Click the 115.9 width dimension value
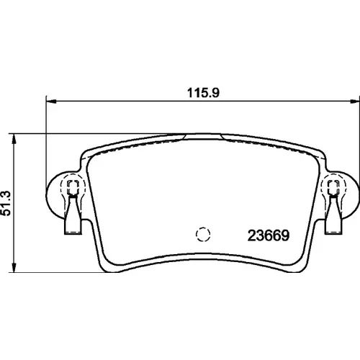click(203, 93)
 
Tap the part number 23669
click(269, 235)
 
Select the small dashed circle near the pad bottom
click(203, 234)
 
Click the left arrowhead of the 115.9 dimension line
click(51, 102)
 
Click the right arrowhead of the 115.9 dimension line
click(355, 102)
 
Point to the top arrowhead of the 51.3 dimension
click(14, 139)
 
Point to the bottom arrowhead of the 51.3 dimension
click(14, 267)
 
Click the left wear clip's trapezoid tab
click(73, 215)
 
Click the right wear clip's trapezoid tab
click(333, 215)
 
